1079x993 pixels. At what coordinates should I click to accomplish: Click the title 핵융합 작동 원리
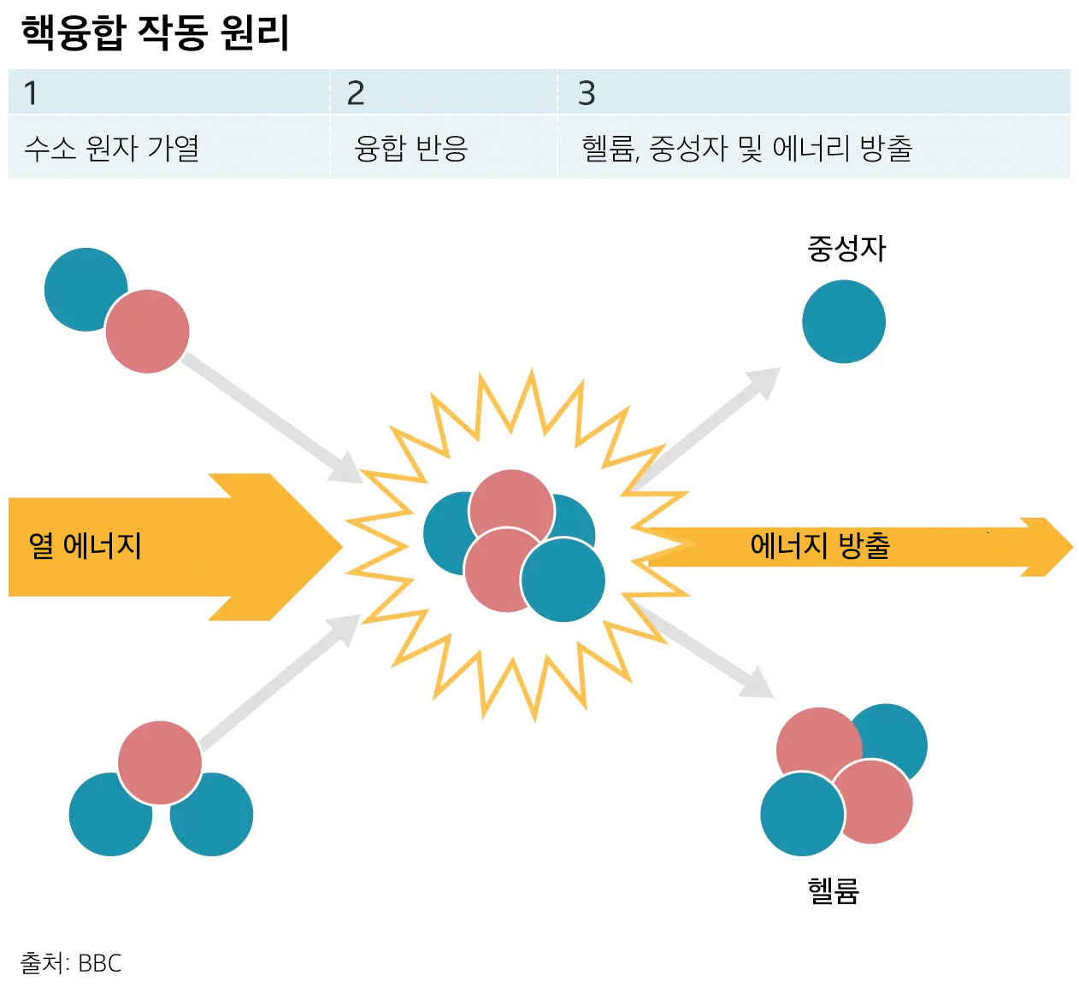tap(155, 32)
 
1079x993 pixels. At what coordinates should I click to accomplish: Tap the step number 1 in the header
tap(31, 92)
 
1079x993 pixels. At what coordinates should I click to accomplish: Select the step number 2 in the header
tap(356, 92)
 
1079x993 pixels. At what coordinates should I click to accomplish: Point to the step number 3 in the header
tap(587, 92)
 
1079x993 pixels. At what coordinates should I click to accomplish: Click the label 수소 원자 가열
tap(112, 149)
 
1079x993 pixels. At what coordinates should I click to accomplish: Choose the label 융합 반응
tap(411, 149)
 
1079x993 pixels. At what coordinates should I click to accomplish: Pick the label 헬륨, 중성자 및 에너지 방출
tap(746, 149)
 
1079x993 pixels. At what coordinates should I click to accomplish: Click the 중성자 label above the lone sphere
tap(846, 249)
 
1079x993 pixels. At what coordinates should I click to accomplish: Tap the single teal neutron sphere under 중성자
tap(844, 322)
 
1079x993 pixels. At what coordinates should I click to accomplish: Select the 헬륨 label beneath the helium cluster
tap(833, 890)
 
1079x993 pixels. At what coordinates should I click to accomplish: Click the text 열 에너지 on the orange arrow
tap(85, 545)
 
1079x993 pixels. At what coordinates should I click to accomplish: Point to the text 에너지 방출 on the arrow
tap(820, 545)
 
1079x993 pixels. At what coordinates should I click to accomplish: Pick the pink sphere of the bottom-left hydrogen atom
tap(160, 761)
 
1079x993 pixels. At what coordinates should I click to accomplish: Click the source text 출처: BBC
tap(71, 963)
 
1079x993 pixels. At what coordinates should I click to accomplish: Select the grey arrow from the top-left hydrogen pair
tap(274, 417)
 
